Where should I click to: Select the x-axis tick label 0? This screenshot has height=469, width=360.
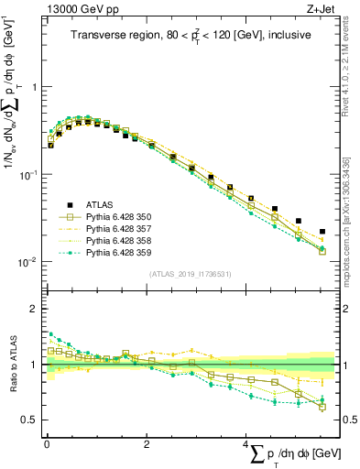click(x=47, y=445)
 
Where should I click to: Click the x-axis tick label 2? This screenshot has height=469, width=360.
click(x=147, y=445)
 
